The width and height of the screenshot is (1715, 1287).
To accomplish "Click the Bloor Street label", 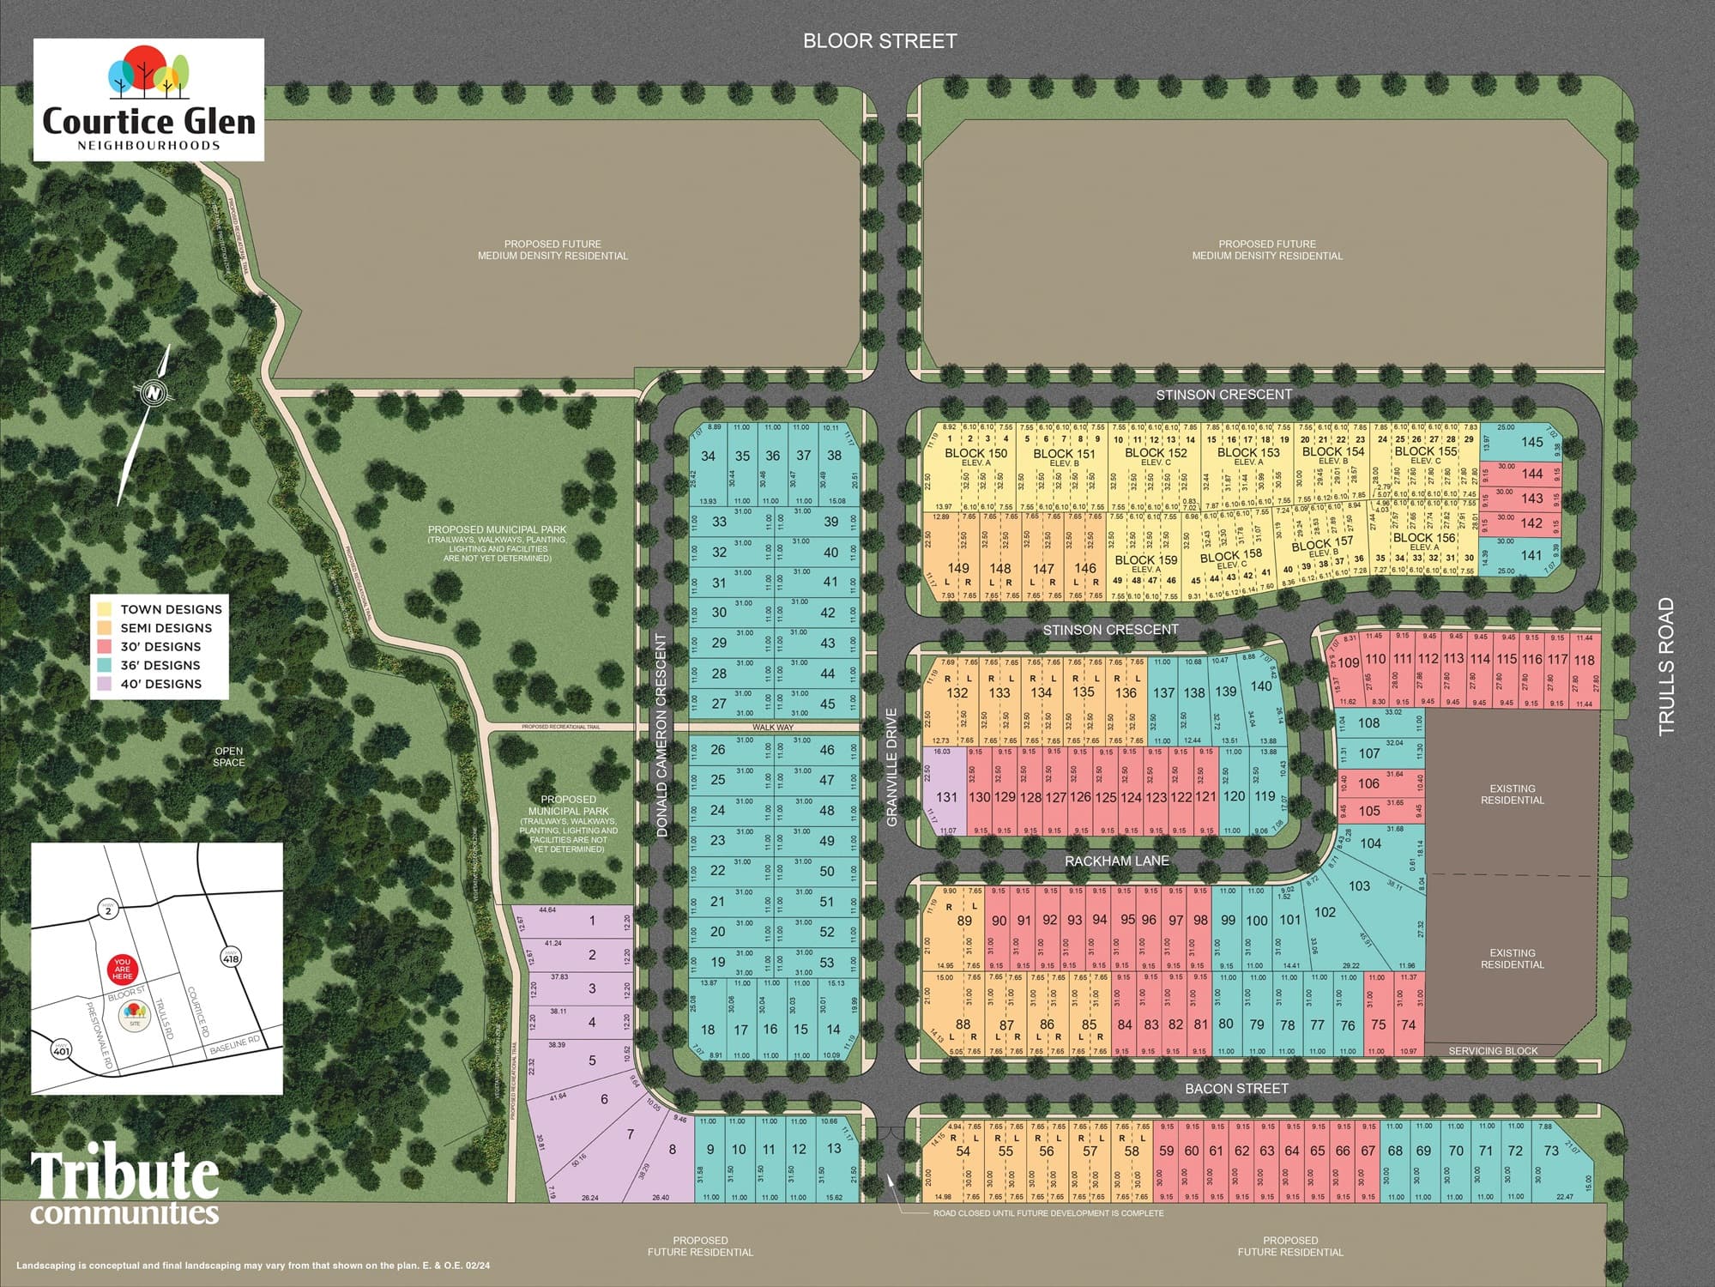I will click(x=879, y=41).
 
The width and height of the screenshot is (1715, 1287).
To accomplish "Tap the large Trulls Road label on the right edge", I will click(x=1665, y=666).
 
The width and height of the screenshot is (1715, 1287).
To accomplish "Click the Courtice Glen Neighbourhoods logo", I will click(x=148, y=100).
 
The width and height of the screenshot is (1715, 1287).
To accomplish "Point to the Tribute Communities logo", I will click(x=125, y=1188).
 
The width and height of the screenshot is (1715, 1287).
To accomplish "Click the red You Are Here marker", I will click(x=122, y=970).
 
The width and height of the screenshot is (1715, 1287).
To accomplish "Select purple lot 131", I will click(x=946, y=796).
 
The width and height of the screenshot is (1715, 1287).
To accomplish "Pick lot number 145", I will click(x=1532, y=442).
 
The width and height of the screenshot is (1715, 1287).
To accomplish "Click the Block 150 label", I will click(x=975, y=453).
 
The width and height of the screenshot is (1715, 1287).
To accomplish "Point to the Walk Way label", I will click(x=773, y=728).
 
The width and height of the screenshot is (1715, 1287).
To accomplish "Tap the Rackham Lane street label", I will click(x=1116, y=861).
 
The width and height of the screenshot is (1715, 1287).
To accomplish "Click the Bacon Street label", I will click(x=1236, y=1088).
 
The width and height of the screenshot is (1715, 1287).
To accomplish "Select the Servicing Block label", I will click(x=1493, y=1050).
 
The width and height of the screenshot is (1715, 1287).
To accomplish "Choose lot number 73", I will click(x=1550, y=1151).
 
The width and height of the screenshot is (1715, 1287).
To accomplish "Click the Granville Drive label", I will click(x=892, y=767).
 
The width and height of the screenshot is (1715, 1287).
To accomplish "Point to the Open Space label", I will click(x=229, y=757).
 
